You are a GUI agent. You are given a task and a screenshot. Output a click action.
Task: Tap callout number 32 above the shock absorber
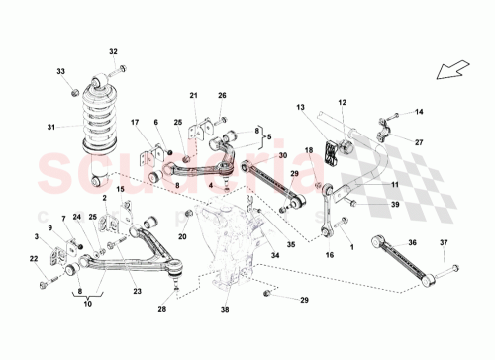click(x=113, y=51)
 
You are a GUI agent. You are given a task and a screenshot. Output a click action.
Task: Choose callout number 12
click(x=343, y=102)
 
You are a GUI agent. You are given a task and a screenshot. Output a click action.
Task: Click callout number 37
click(x=444, y=243)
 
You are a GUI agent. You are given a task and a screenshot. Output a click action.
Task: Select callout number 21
click(x=194, y=95)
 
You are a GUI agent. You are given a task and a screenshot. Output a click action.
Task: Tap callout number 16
click(x=328, y=255)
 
